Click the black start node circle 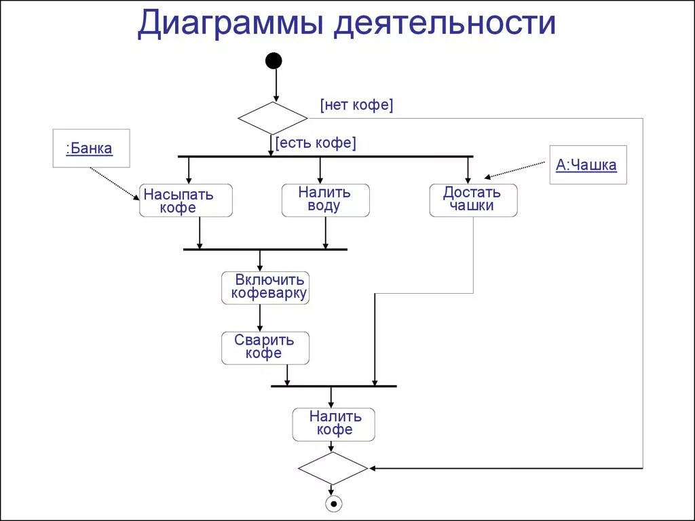[273, 61]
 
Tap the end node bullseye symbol [333, 503]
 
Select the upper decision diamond [273, 118]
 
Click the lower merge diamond [333, 468]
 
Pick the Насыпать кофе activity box [185, 201]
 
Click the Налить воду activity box [325, 200]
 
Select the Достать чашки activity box [473, 200]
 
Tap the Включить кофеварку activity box [265, 288]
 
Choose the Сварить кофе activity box [265, 347]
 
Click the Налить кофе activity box [333, 424]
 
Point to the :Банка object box [91, 149]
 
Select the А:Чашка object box [587, 165]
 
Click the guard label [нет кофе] [356, 105]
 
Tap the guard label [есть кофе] [316, 143]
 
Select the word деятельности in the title [445, 23]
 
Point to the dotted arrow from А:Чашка [516, 170]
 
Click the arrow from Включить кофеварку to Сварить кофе [260, 317]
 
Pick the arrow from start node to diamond [276, 85]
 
